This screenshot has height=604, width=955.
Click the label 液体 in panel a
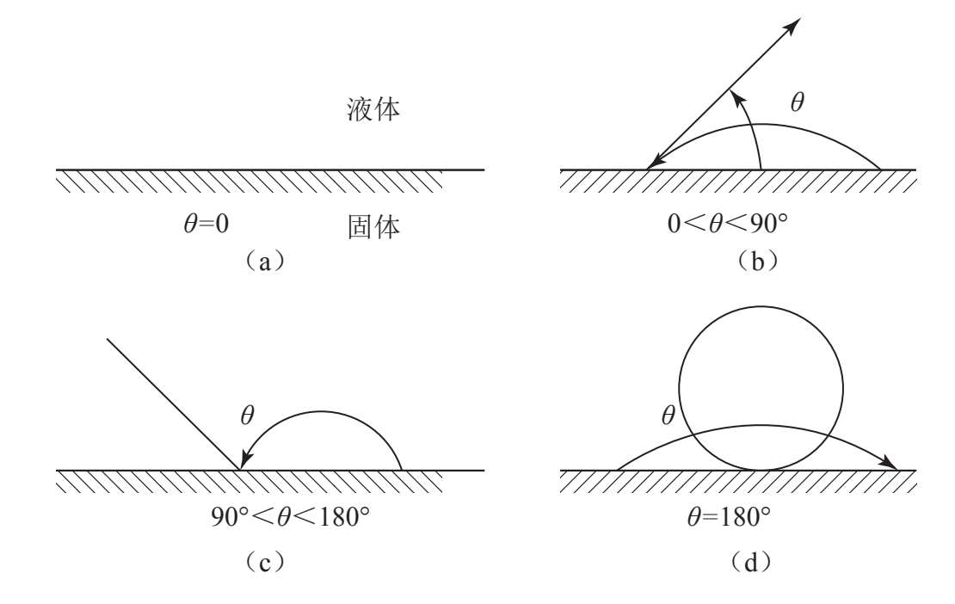[x=369, y=110]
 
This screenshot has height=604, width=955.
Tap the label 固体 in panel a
[x=369, y=227]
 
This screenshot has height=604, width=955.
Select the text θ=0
[x=201, y=225]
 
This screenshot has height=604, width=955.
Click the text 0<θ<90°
[x=728, y=225]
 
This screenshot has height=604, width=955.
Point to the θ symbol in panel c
[x=248, y=416]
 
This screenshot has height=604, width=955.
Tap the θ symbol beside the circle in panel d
[x=667, y=417]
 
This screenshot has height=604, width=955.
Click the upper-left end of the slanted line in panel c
[x=108, y=339]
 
